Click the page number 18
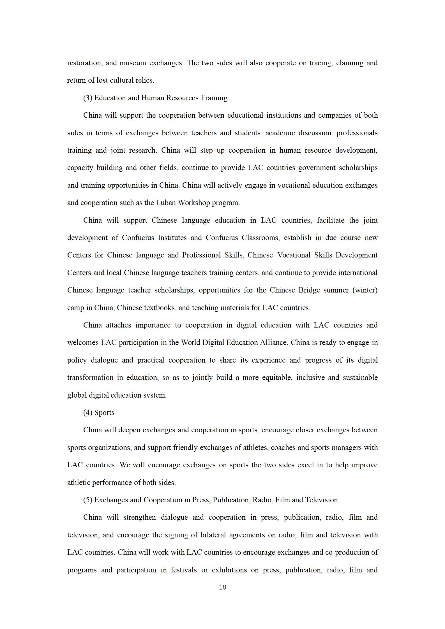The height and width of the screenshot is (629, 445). click(x=222, y=587)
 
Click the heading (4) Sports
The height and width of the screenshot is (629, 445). click(x=99, y=412)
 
